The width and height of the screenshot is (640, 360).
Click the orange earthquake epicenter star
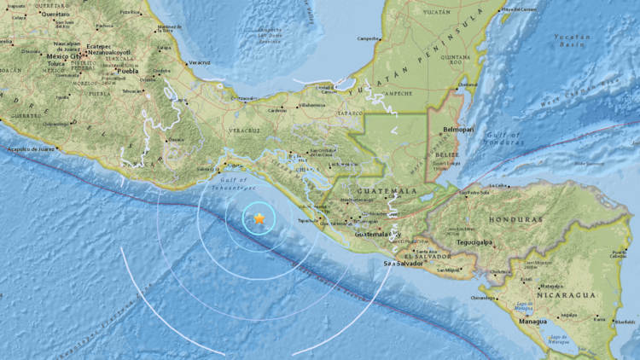[x=259, y=219]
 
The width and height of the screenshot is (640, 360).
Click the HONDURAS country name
[x=515, y=219]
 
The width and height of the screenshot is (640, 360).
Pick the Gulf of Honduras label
[x=504, y=138]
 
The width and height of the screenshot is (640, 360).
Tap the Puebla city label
[x=126, y=71]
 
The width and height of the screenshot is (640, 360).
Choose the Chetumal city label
[x=468, y=84]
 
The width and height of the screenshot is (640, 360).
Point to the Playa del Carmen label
[x=519, y=9]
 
